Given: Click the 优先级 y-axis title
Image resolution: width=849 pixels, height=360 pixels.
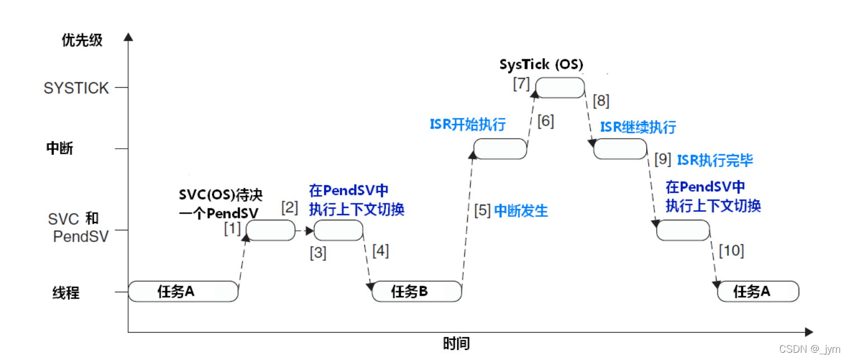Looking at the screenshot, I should [82, 41].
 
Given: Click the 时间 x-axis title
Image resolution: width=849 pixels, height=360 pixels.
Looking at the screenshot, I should [456, 344].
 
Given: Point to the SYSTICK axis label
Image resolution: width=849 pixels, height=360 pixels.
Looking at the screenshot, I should [76, 88].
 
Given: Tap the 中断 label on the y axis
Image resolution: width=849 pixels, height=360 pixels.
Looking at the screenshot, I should [60, 149].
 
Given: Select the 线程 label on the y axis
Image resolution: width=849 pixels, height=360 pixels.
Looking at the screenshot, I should [66, 292].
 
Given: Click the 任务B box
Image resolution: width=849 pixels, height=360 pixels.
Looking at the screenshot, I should [416, 291].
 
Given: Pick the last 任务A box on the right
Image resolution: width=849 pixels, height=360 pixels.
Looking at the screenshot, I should [758, 291].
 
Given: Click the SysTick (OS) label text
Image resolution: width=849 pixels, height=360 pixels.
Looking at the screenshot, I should [541, 65].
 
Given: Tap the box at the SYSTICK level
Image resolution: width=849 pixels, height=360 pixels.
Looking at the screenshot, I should [560, 88].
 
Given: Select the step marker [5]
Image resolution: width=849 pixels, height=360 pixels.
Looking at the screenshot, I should [482, 211].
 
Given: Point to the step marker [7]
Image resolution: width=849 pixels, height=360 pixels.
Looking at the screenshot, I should [521, 84].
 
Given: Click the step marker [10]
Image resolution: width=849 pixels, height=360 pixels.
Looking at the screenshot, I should [732, 251].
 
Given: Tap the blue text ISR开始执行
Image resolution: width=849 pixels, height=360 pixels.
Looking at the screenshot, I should [467, 124].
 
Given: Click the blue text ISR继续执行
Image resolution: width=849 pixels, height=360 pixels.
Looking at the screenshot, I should [638, 127].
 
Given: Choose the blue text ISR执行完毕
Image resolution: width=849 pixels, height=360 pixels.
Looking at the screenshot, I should [715, 160].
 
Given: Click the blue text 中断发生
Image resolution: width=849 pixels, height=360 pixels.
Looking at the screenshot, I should [521, 211].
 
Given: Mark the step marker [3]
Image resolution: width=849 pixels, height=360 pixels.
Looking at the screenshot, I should [318, 253].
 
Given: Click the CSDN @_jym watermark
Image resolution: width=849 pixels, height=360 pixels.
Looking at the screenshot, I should [809, 349].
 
